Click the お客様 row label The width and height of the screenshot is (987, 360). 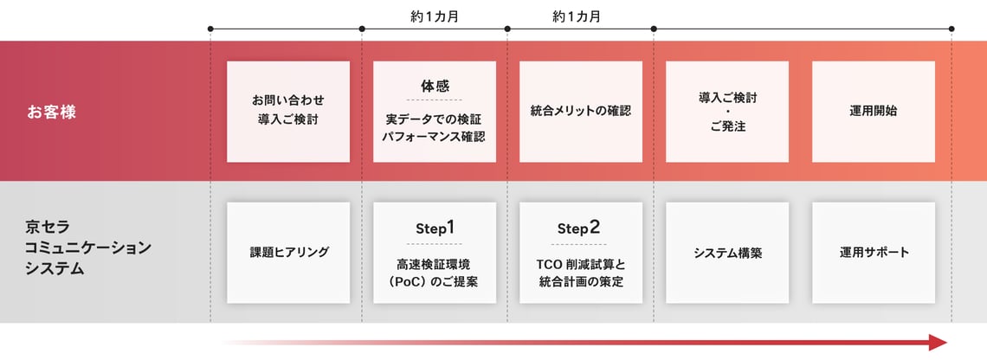51,112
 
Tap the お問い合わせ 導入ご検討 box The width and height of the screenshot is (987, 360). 288,112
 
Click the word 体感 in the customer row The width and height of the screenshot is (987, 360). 435,87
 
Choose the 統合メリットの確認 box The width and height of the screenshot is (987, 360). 581,112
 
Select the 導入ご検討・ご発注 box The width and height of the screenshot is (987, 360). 727,112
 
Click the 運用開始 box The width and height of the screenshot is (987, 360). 874,112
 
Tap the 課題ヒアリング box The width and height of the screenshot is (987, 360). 288,253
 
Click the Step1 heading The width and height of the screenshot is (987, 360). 435,228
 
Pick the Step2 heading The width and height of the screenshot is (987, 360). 581,228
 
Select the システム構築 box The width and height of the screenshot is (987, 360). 727,253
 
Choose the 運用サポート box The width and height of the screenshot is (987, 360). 874,253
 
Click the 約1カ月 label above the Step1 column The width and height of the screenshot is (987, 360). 434,16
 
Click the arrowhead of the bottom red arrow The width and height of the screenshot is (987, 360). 939,343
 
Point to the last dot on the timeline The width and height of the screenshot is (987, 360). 952,29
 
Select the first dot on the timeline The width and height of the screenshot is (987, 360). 210,29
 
